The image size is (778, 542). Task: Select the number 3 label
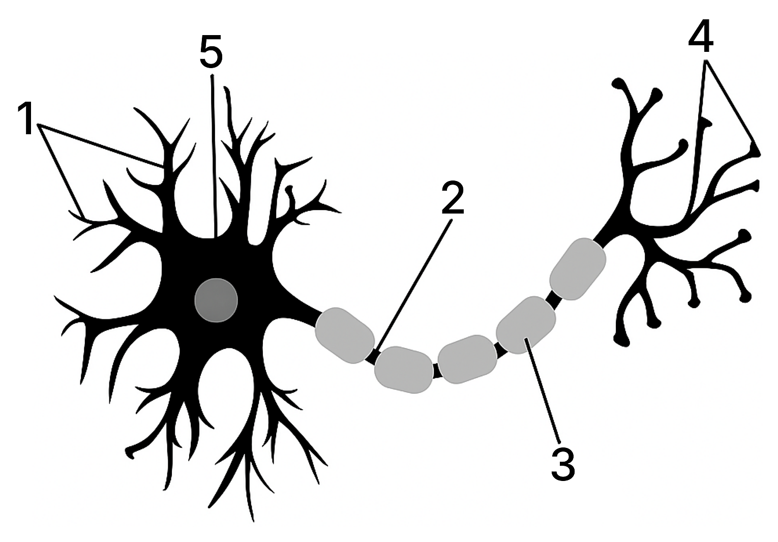pos(563,465)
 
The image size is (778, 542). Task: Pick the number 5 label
pos(211,51)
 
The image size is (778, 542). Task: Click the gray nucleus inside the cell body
pos(216,300)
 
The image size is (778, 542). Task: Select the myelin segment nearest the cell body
pos(345,335)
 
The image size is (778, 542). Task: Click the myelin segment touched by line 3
pos(526,325)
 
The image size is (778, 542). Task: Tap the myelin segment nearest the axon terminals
pos(578,269)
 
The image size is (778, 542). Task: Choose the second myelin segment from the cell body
pos(404,370)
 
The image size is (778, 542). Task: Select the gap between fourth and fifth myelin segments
pos(553,299)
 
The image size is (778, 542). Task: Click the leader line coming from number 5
pos(214,156)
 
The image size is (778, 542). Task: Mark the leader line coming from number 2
pos(414,286)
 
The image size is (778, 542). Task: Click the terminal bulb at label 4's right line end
pos(755,151)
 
